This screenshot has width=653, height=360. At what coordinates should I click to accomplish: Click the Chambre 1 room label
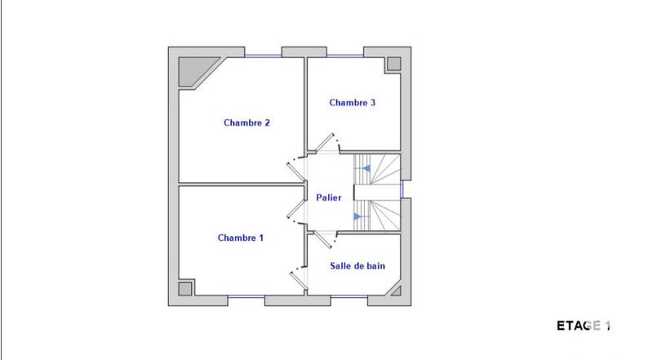tap(241, 238)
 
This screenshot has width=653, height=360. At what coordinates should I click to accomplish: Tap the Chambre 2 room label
tap(247, 123)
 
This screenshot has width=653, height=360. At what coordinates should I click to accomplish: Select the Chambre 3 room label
tap(353, 103)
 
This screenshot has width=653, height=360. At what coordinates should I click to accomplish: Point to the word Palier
tap(329, 198)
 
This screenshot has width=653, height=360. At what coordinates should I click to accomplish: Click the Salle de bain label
tap(358, 266)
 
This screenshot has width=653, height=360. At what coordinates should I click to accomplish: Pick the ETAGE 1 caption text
tap(584, 326)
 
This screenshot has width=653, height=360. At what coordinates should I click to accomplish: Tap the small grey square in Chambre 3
tap(393, 64)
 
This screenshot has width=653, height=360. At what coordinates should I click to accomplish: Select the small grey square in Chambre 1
tap(185, 288)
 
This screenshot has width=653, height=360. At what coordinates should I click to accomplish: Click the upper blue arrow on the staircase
tap(366, 168)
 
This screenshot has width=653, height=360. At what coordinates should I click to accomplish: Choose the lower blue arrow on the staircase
tap(358, 216)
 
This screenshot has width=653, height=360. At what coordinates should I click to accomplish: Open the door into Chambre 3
tap(327, 144)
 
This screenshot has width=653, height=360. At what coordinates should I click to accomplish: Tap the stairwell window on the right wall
tap(403, 189)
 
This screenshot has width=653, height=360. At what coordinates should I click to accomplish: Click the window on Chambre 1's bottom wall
tap(247, 297)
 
